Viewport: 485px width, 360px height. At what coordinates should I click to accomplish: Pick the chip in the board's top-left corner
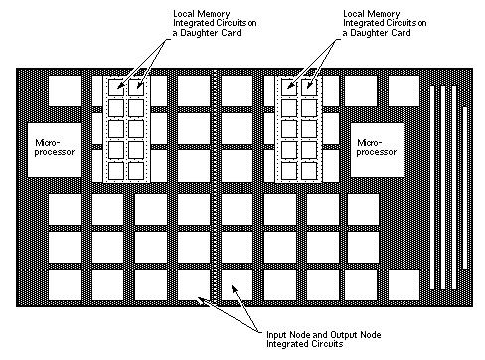(66, 90)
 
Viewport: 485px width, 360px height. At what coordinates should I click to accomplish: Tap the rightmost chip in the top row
(403, 90)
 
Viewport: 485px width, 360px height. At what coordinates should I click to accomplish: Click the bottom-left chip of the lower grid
(66, 283)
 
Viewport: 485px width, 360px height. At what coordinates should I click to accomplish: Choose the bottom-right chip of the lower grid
(365, 283)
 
